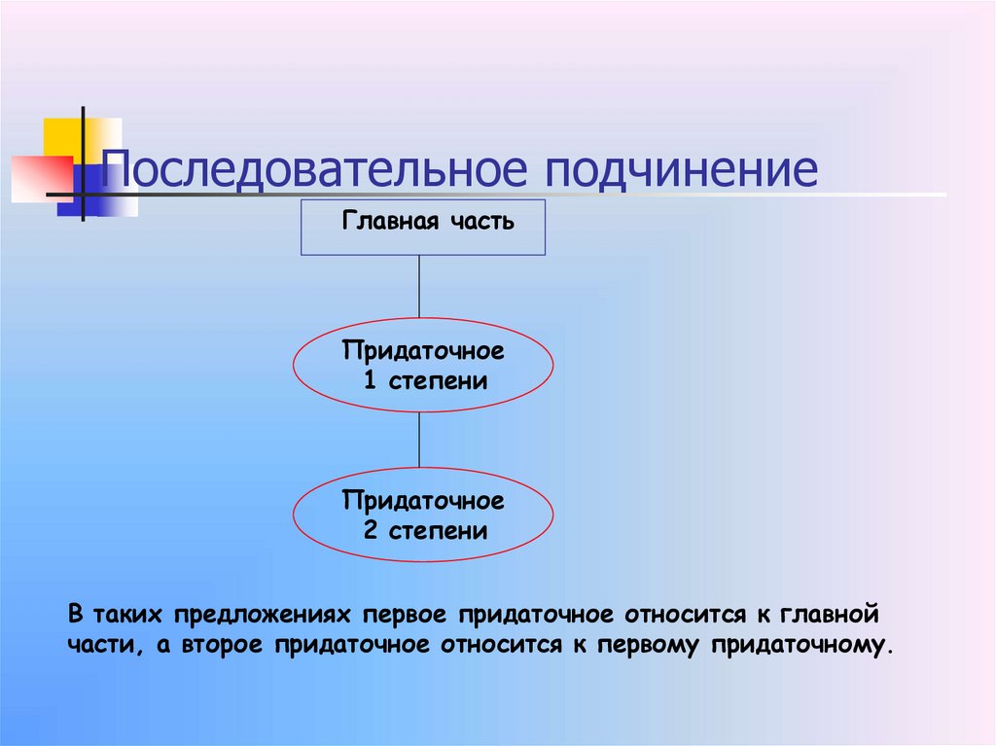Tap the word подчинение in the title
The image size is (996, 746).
(680, 171)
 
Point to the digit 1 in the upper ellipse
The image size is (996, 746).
(370, 380)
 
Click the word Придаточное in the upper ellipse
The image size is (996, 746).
(423, 349)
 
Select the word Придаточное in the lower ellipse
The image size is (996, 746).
(423, 501)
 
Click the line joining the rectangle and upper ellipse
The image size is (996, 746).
(420, 286)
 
